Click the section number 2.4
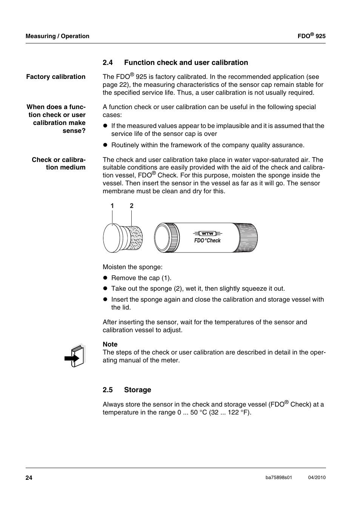[108, 63]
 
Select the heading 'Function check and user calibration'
[186, 63]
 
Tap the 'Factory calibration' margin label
[56, 77]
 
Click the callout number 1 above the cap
[112, 206]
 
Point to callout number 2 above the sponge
[132, 206]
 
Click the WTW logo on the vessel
[207, 233]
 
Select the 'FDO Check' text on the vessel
[207, 240]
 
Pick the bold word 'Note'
[110, 344]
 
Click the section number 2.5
[108, 390]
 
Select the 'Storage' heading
[137, 390]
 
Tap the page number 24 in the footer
[29, 478]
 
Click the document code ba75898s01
[279, 478]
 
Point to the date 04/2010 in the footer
[317, 478]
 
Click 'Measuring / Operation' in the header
[57, 36]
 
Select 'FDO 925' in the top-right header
[311, 36]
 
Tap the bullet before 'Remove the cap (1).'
[106, 278]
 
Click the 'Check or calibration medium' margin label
[58, 163]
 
